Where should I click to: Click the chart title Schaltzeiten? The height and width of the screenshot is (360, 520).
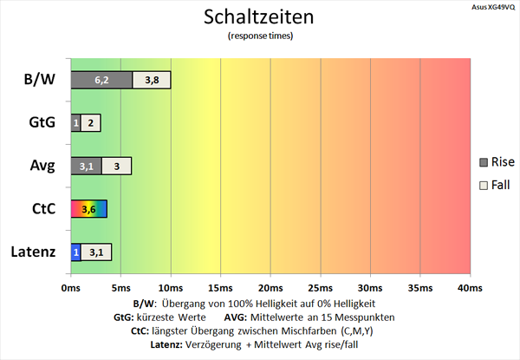click(x=259, y=16)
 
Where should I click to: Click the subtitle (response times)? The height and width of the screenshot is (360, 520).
click(x=259, y=36)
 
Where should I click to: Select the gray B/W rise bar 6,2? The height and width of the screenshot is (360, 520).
click(x=101, y=80)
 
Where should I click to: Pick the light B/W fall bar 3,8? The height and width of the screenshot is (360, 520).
click(x=152, y=80)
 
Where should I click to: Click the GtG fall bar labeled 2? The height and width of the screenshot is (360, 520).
click(x=91, y=122)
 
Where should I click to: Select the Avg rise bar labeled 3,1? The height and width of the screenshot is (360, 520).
click(x=86, y=166)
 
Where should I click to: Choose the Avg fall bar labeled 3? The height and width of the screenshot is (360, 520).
click(x=117, y=166)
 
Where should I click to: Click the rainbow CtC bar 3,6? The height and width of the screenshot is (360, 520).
click(x=88, y=209)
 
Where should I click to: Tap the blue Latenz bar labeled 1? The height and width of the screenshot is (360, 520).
click(x=75, y=252)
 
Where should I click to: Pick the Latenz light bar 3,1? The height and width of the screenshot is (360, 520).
click(x=96, y=252)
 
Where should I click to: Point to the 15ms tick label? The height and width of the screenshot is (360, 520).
click(x=220, y=287)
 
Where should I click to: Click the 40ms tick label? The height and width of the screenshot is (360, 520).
click(x=469, y=287)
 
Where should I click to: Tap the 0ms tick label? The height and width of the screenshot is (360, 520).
click(x=71, y=287)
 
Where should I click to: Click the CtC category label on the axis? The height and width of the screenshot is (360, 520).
click(x=41, y=209)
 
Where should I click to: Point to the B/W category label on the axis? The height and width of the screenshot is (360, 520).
click(x=40, y=80)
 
